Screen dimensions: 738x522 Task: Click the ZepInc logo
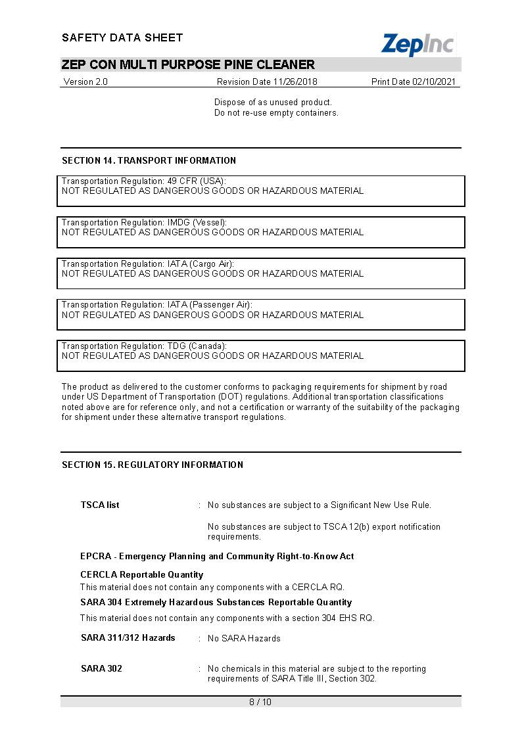tap(417, 44)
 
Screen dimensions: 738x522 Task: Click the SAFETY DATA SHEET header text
tap(122, 37)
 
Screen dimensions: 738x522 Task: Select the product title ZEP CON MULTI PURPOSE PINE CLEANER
tap(188, 64)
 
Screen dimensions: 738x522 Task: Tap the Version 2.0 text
tap(85, 82)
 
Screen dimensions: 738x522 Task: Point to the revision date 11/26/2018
tap(267, 82)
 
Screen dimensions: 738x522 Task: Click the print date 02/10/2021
tap(414, 82)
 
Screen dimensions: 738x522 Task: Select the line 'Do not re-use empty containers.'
tap(276, 112)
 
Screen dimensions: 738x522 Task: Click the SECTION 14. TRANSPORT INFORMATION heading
tap(149, 160)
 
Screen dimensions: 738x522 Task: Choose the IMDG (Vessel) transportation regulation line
tap(144, 222)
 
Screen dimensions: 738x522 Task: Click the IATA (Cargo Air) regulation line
tap(147, 264)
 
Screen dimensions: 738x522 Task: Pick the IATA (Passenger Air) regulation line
tap(156, 305)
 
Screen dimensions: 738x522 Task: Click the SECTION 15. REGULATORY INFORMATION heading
tap(153, 465)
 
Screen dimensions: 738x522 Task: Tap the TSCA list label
tap(100, 505)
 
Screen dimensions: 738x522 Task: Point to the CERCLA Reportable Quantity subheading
tap(141, 574)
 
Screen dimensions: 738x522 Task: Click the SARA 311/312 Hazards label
tap(128, 637)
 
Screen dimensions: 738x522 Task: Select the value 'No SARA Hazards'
tap(244, 638)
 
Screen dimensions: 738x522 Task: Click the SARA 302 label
tap(101, 668)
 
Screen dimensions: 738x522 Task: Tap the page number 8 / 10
tap(260, 702)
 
